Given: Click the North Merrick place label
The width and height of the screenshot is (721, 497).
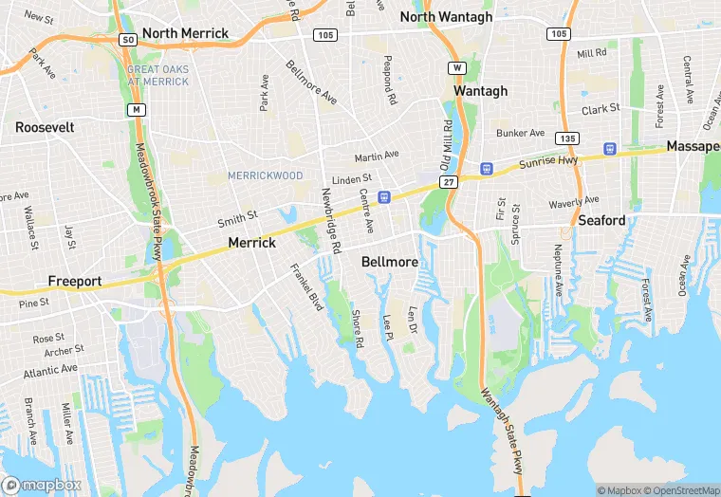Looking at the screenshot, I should pyautogui.click(x=186, y=33).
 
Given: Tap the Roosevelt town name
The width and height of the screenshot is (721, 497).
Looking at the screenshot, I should pyautogui.click(x=45, y=126).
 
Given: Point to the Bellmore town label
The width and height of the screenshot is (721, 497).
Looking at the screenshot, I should pyautogui.click(x=390, y=261).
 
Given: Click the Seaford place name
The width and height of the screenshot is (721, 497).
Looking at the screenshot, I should pyautogui.click(x=602, y=220).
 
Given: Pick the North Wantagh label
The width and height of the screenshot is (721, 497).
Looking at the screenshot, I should pyautogui.click(x=447, y=16).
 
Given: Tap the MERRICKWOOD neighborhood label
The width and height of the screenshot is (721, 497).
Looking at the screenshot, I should pyautogui.click(x=266, y=175).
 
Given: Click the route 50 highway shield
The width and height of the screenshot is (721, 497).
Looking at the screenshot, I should pyautogui.click(x=127, y=40).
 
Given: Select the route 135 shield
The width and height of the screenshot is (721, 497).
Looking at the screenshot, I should pyautogui.click(x=567, y=138).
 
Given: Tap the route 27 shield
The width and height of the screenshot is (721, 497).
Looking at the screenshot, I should pyautogui.click(x=448, y=180).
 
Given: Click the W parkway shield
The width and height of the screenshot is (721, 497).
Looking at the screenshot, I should pyautogui.click(x=457, y=68).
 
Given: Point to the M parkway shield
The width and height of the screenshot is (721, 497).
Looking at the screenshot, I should pyautogui.click(x=138, y=110).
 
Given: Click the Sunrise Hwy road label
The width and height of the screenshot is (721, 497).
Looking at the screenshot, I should pyautogui.click(x=548, y=162).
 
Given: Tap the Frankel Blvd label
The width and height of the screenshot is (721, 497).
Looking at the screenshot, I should pyautogui.click(x=306, y=285).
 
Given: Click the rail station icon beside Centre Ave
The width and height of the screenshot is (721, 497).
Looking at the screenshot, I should pyautogui.click(x=384, y=196).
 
